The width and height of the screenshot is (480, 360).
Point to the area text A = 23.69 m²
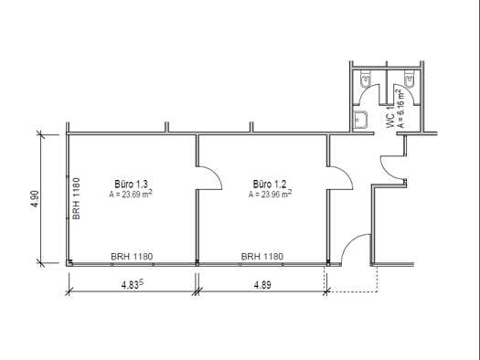131,194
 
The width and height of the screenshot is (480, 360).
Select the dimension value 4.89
262,285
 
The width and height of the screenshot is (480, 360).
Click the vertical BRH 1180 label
78,198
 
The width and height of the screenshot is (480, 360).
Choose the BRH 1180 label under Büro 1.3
131,257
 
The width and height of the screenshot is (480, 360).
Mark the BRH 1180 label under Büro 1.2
261,257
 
